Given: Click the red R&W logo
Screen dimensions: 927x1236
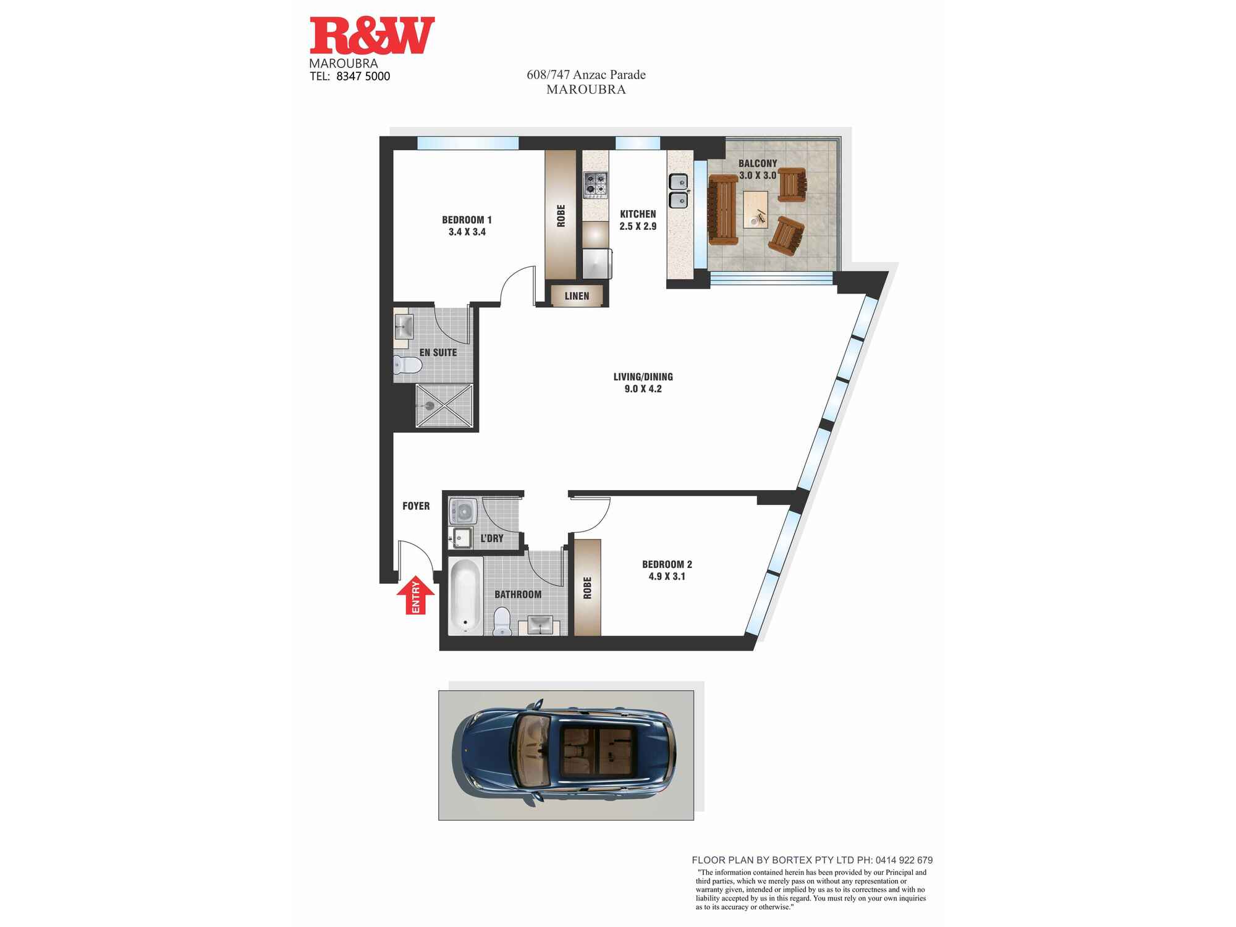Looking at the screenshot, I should pyautogui.click(x=371, y=36).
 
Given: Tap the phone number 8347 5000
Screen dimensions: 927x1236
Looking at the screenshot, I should pyautogui.click(x=363, y=77).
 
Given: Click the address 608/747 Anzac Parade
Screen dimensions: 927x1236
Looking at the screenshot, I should pyautogui.click(x=586, y=75).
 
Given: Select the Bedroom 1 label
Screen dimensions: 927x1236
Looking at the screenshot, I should pyautogui.click(x=467, y=226).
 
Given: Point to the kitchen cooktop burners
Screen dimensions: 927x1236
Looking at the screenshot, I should pyautogui.click(x=596, y=185).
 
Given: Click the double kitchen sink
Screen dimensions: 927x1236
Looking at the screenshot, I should pyautogui.click(x=679, y=190).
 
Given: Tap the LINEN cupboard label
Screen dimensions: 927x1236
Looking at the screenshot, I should pyautogui.click(x=577, y=296).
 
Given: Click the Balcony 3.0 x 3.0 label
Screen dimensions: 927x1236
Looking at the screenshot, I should pyautogui.click(x=757, y=169).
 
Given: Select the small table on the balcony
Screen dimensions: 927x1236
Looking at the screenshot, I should pyautogui.click(x=755, y=210).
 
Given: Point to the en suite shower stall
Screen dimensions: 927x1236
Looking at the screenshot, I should pyautogui.click(x=444, y=405).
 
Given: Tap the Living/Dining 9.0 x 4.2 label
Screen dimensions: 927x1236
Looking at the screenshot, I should pyautogui.click(x=643, y=383).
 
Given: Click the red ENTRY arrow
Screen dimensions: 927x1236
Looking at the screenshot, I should pyautogui.click(x=415, y=595).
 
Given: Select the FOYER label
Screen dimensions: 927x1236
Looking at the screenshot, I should pyautogui.click(x=416, y=506).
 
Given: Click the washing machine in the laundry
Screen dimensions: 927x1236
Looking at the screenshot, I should pyautogui.click(x=463, y=511).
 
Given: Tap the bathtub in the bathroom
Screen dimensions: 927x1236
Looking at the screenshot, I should pyautogui.click(x=465, y=596).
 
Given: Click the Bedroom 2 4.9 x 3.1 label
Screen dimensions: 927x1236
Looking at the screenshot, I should pyautogui.click(x=667, y=570).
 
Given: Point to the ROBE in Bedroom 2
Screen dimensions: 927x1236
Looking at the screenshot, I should pyautogui.click(x=587, y=587).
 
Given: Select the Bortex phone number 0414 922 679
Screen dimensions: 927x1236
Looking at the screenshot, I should pyautogui.click(x=904, y=860).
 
